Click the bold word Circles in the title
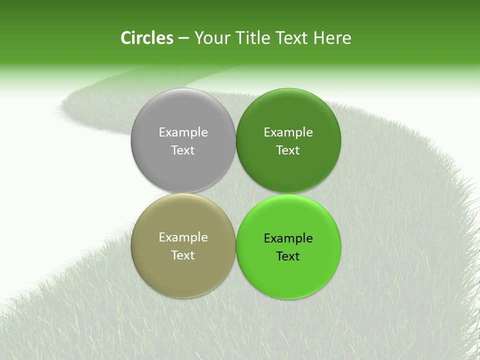(146, 38)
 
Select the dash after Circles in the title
(183, 38)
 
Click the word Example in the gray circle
(183, 132)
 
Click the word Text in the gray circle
(183, 150)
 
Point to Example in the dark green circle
(288, 132)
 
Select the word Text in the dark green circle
(288, 150)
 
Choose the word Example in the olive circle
(183, 237)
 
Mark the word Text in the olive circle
(183, 255)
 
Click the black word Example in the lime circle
(288, 238)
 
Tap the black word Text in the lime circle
(288, 256)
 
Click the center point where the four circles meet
(235, 193)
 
